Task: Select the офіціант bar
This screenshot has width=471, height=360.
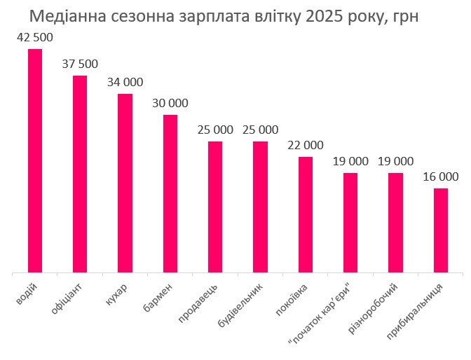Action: (80, 173)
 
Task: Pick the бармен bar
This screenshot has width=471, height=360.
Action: (170, 193)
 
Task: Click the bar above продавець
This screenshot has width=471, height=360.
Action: (215, 206)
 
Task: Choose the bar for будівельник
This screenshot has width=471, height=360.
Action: (260, 206)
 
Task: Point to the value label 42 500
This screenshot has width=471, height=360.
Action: (35, 37)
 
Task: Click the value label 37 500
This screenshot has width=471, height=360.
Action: (80, 64)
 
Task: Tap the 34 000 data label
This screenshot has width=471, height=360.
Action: (125, 82)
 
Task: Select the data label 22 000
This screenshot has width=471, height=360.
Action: (306, 145)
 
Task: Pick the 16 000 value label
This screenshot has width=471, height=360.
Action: (440, 176)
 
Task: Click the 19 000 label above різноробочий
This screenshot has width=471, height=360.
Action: (395, 161)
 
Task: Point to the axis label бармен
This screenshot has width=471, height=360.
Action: (161, 298)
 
